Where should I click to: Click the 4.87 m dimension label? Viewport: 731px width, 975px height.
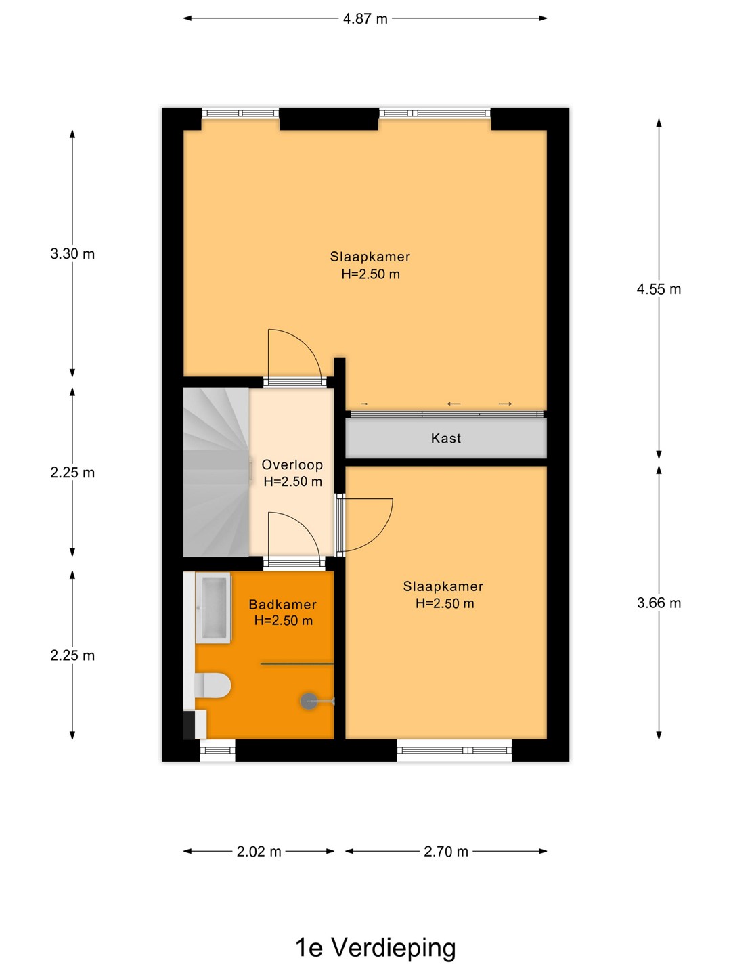(x=365, y=19)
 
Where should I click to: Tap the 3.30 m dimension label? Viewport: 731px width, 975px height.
(x=72, y=254)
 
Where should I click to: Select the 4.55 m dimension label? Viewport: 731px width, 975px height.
(x=659, y=289)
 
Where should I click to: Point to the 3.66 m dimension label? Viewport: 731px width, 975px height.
(x=659, y=603)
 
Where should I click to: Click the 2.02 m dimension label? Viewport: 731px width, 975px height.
(x=259, y=852)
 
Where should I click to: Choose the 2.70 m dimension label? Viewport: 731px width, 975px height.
(x=445, y=852)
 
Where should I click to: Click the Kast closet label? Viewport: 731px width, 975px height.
(x=445, y=439)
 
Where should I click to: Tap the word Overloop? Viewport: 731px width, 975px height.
(x=292, y=464)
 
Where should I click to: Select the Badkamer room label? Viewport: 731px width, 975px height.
(x=283, y=604)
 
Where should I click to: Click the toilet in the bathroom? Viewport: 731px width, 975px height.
(x=213, y=685)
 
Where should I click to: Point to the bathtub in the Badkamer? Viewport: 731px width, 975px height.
(x=213, y=607)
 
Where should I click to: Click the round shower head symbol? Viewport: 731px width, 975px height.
(x=309, y=701)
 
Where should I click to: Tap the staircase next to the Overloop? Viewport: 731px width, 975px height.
(x=216, y=472)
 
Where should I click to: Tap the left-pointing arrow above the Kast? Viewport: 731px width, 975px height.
(x=453, y=404)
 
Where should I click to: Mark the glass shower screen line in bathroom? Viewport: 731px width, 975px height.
(x=297, y=664)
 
